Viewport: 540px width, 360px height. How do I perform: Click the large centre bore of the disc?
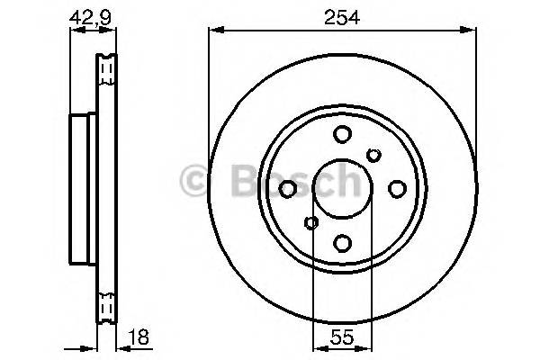coord(342,188)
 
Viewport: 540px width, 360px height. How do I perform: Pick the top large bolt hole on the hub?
coord(342,135)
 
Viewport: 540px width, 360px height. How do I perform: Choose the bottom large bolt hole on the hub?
coord(342,242)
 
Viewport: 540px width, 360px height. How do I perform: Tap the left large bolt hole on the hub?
coord(288,189)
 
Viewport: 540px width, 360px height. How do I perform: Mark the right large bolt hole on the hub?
coord(396,189)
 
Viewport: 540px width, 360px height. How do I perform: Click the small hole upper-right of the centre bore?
coord(373,157)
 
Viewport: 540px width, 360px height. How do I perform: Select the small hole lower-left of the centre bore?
coord(311,221)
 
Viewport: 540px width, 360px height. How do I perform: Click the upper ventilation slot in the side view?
coord(107,67)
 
